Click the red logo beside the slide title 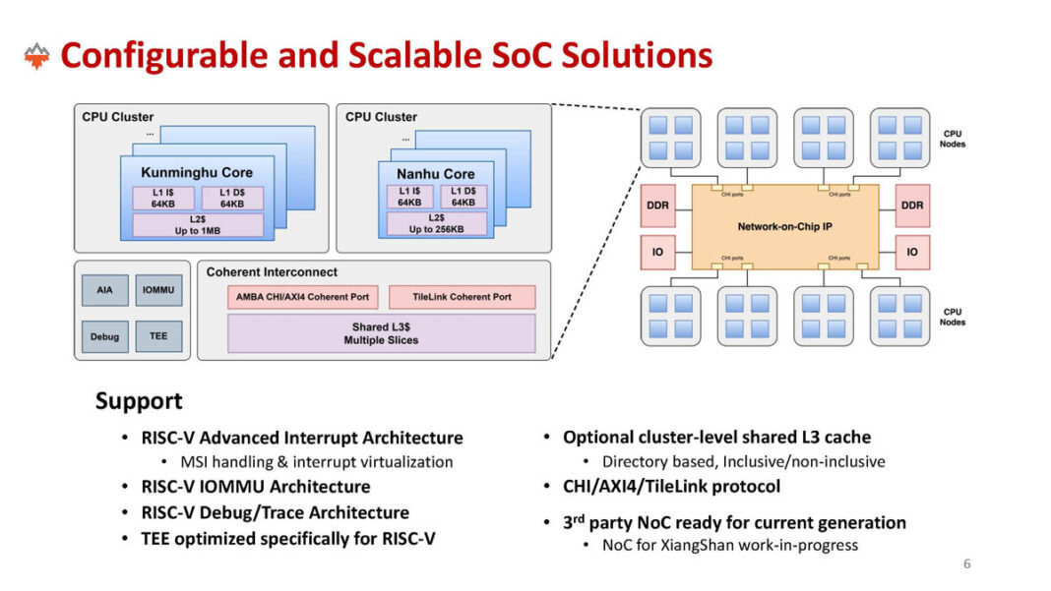tap(36, 56)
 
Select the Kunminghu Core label tap(197, 172)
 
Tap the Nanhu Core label tap(435, 174)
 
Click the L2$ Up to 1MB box tap(198, 224)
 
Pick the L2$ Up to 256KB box tap(435, 224)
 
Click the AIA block tap(104, 291)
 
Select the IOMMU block tap(158, 291)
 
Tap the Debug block tap(104, 336)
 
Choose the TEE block tap(158, 336)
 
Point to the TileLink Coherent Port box tap(462, 297)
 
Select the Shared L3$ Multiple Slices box tap(382, 333)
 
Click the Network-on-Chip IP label tap(784, 226)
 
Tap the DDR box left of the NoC tap(657, 207)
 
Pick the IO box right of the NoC tap(911, 252)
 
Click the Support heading tap(139, 401)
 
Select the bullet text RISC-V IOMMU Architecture tap(256, 487)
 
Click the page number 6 tap(966, 563)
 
